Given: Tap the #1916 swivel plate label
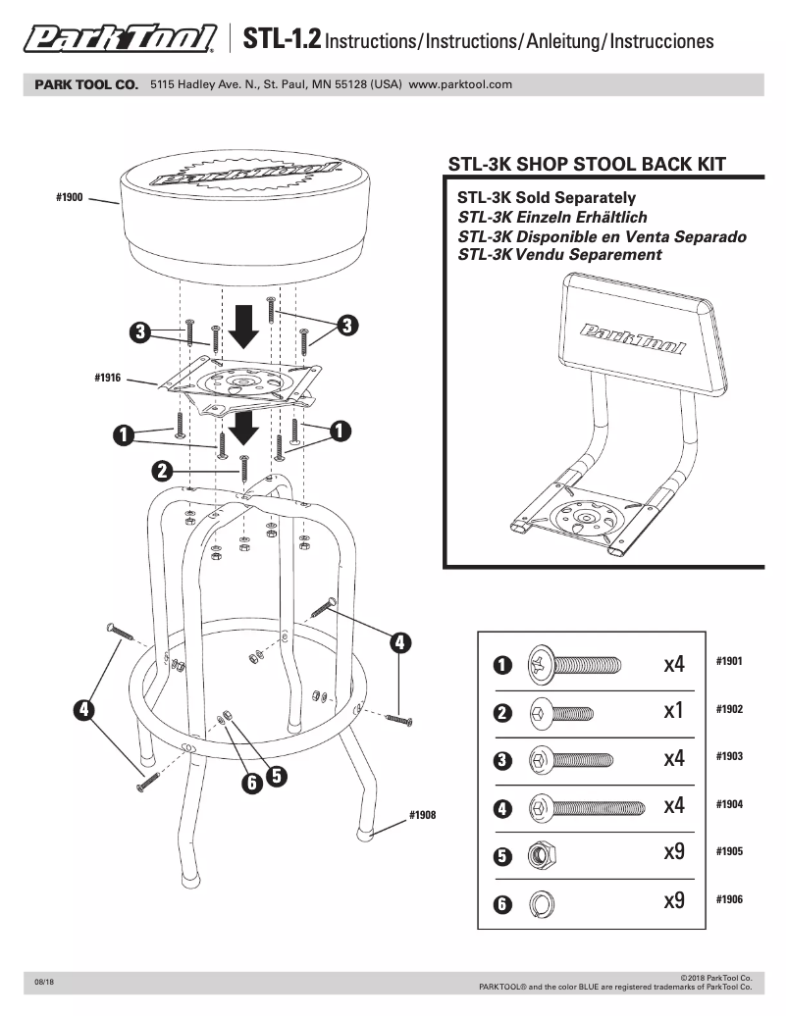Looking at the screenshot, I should [107, 377].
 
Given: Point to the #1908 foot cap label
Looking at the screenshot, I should [422, 815].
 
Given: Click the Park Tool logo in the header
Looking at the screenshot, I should [120, 40].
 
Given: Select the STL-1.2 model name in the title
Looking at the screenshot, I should [281, 40].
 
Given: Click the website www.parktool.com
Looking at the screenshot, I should [460, 85].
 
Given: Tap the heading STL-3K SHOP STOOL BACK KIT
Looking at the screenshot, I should [587, 164].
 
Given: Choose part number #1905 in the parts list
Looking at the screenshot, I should [729, 851].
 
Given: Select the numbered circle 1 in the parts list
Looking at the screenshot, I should [501, 665].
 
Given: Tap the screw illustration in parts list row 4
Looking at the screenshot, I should [586, 808].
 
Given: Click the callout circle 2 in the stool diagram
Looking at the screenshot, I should [163, 471].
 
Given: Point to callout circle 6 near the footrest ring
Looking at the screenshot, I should [251, 782].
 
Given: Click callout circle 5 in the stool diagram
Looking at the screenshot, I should [276, 775].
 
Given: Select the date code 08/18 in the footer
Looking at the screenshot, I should [44, 982].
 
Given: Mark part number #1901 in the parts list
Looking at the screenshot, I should [729, 661].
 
